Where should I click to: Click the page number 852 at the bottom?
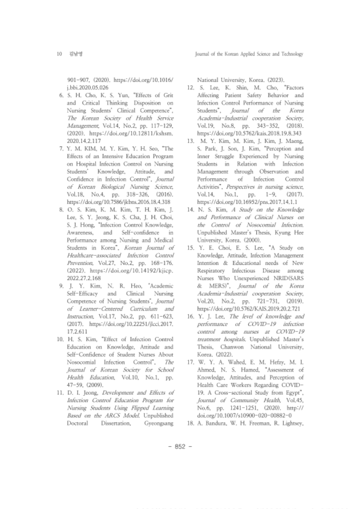[x=180, y=446]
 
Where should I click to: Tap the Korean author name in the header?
[x=75, y=54]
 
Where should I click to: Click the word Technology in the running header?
[x=292, y=54]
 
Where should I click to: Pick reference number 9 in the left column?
[x=61, y=286]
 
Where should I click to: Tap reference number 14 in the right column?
[x=190, y=210]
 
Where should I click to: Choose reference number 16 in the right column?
[x=190, y=316]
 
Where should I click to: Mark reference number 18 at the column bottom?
[x=190, y=424]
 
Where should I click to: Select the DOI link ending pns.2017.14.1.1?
[x=247, y=202]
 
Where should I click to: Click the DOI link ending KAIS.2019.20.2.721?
[x=249, y=309]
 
